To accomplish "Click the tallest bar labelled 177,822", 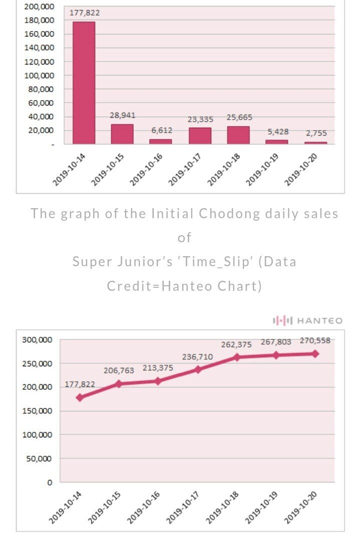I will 84,83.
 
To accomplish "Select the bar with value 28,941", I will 122,134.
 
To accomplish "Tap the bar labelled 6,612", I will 161,141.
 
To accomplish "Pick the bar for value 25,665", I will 238,135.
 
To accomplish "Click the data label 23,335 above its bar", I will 200,119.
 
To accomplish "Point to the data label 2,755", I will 316,133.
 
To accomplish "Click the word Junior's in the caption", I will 142,261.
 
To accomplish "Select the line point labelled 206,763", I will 119,384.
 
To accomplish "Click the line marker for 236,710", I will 198,369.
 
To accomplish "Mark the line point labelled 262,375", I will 237,357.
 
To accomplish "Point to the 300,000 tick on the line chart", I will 37,340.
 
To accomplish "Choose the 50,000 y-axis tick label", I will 40,458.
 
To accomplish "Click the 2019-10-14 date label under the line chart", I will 66,507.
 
